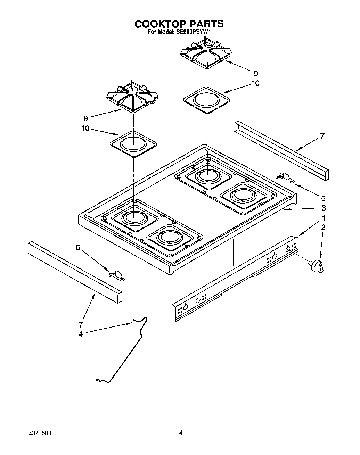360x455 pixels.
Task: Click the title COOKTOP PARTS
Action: (x=179, y=24)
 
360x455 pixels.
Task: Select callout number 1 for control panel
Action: (x=324, y=218)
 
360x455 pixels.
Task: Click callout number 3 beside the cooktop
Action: (x=324, y=208)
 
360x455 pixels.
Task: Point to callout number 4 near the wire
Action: (x=80, y=334)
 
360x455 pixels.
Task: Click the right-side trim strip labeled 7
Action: (x=281, y=149)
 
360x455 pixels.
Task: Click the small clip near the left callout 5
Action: (x=117, y=275)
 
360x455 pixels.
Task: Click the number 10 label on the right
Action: (x=255, y=83)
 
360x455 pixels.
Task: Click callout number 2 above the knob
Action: (x=324, y=228)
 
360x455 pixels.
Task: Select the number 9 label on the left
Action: (x=85, y=118)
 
